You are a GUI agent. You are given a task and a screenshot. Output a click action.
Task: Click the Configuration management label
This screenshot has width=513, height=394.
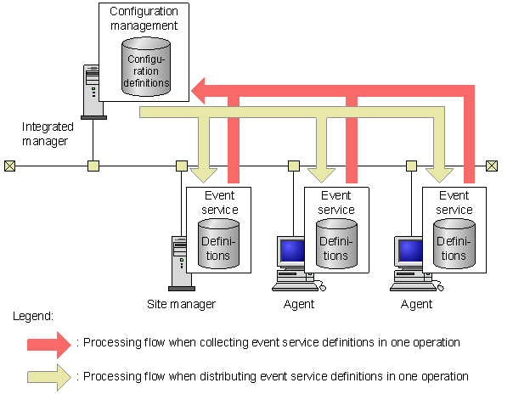pyautogui.click(x=144, y=19)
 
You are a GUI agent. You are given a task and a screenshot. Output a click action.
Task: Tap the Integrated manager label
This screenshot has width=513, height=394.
pyautogui.click(x=48, y=132)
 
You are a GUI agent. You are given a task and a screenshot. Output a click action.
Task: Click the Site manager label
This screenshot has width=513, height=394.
pyautogui.click(x=181, y=303)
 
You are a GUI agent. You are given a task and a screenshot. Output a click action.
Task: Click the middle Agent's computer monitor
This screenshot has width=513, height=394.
pyautogui.click(x=291, y=252)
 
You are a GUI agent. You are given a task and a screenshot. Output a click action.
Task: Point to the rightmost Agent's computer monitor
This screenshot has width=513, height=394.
pyautogui.click(x=409, y=252)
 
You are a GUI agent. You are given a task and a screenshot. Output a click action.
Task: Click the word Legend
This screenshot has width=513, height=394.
pyautogui.click(x=34, y=316)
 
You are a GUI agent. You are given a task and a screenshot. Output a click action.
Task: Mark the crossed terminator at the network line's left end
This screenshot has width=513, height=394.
pyautogui.click(x=9, y=166)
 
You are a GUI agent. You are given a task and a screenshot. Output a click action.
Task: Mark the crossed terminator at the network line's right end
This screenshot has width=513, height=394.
pyautogui.click(x=492, y=166)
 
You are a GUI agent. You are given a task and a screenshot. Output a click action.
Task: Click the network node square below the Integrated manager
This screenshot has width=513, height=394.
pyautogui.click(x=93, y=166)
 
